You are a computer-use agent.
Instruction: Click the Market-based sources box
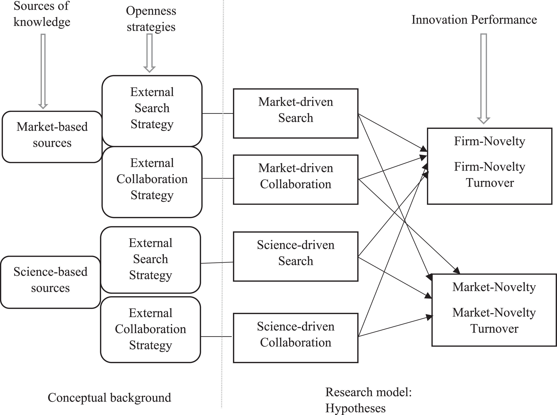click(x=52, y=137)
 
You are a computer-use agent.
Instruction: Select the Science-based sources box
click(x=50, y=282)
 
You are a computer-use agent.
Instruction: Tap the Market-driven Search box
click(x=296, y=113)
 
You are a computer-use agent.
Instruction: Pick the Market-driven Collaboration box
click(x=296, y=179)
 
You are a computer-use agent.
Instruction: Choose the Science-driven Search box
click(x=296, y=256)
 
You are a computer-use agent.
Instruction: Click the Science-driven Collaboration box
click(x=296, y=338)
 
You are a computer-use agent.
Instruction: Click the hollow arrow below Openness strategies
click(x=150, y=53)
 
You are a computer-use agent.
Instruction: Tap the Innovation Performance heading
click(x=474, y=20)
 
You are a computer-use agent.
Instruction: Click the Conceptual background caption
click(x=109, y=398)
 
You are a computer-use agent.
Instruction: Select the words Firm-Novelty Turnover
click(x=490, y=175)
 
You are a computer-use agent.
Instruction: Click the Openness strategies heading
click(x=151, y=19)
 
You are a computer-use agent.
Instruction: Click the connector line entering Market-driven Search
click(x=218, y=114)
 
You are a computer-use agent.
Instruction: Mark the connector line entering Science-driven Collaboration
click(x=216, y=336)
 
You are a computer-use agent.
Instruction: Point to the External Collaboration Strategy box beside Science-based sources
click(x=150, y=329)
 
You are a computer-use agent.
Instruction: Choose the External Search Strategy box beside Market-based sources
click(x=152, y=111)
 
